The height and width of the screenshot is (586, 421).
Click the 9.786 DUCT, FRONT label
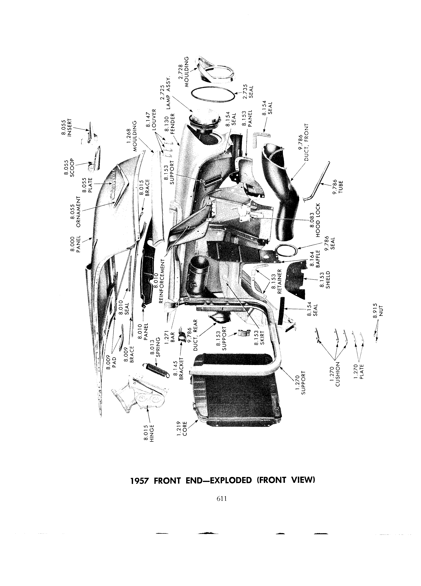(x=303, y=142)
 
